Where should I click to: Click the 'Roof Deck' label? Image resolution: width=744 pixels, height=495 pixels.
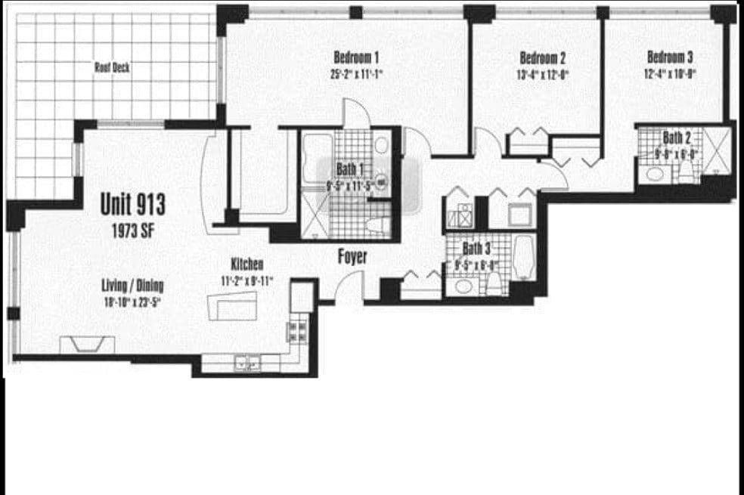click(x=112, y=67)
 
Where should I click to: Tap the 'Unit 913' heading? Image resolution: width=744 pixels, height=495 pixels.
click(x=133, y=203)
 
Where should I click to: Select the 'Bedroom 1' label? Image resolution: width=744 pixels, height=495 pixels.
click(x=355, y=57)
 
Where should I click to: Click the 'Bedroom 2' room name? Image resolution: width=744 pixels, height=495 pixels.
click(x=543, y=57)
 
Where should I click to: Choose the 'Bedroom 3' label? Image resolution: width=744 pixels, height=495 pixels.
click(x=670, y=57)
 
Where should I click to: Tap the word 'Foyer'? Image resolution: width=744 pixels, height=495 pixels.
click(x=352, y=257)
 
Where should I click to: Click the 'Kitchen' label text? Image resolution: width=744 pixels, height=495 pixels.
click(x=247, y=264)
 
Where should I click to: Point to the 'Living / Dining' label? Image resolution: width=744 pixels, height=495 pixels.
click(x=133, y=286)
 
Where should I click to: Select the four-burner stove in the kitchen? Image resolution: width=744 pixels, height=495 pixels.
click(x=296, y=329)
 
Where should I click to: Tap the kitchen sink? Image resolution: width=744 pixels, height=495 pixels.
click(x=246, y=364)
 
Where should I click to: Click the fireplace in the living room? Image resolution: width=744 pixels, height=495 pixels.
click(x=87, y=345)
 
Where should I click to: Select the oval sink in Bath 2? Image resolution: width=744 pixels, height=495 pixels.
click(x=656, y=174)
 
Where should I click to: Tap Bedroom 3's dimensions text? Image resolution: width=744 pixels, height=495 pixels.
click(x=670, y=74)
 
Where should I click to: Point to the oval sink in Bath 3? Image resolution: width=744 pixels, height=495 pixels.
click(x=461, y=286)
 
